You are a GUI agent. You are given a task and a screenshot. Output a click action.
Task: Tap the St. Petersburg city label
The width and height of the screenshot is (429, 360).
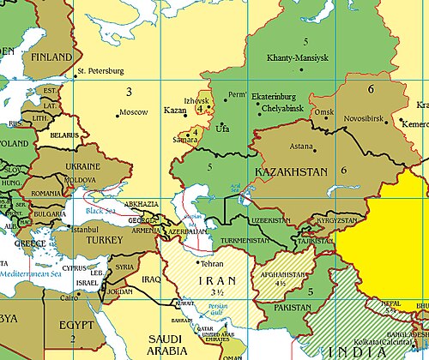click(100, 70)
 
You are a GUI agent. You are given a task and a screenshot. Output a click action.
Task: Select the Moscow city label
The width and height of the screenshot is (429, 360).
click(134, 113)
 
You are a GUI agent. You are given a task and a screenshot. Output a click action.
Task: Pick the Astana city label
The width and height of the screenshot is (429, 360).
click(301, 147)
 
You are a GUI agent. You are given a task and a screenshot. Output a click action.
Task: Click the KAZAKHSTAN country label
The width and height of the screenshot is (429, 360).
click(292, 173)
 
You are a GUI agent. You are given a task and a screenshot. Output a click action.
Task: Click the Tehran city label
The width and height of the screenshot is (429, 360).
click(211, 264)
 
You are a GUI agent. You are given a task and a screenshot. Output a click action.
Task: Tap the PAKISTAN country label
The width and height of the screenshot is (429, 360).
click(295, 307)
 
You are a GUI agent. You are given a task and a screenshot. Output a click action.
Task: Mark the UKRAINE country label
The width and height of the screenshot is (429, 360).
click(83, 166)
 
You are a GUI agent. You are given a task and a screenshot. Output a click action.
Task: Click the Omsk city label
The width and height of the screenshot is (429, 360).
click(323, 112)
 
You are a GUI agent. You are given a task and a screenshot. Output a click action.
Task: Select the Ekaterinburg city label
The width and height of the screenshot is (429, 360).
click(275, 97)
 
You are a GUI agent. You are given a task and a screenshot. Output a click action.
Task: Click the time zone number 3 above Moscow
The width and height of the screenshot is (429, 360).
click(129, 91)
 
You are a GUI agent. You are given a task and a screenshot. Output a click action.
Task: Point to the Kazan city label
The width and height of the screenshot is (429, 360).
click(174, 111)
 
